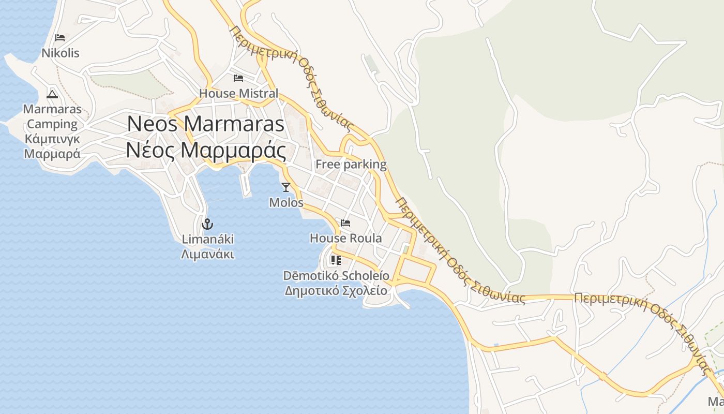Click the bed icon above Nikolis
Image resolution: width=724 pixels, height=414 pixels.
click(x=60, y=38)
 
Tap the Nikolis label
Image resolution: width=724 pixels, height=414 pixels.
click(x=61, y=53)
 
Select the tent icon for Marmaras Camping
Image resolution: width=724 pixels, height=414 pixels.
click(x=52, y=94)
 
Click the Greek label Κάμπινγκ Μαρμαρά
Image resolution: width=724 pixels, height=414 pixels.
click(x=52, y=146)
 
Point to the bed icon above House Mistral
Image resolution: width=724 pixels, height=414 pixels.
click(x=238, y=78)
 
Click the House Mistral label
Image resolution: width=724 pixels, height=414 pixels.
click(x=238, y=94)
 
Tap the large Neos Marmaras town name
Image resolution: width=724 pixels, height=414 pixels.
click(x=206, y=124)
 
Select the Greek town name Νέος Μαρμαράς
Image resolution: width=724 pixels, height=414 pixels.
click(x=206, y=151)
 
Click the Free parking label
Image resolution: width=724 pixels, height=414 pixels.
click(x=351, y=165)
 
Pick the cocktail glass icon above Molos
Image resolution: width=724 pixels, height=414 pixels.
click(x=286, y=187)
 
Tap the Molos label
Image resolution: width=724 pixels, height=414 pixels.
click(x=286, y=202)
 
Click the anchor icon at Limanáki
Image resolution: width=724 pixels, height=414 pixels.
click(x=207, y=224)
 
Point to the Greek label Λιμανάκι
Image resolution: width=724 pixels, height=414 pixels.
click(x=207, y=254)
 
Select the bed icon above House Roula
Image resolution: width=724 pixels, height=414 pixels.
click(x=345, y=223)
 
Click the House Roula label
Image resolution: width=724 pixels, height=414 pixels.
click(x=345, y=238)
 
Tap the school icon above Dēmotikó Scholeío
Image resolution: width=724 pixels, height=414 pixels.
click(x=336, y=260)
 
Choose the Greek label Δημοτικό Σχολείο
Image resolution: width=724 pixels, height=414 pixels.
click(x=336, y=290)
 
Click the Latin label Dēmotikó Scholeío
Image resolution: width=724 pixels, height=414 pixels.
click(x=336, y=275)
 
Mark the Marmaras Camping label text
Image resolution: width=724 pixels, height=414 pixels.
click(x=52, y=116)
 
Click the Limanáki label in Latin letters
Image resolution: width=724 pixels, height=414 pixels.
click(x=207, y=239)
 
